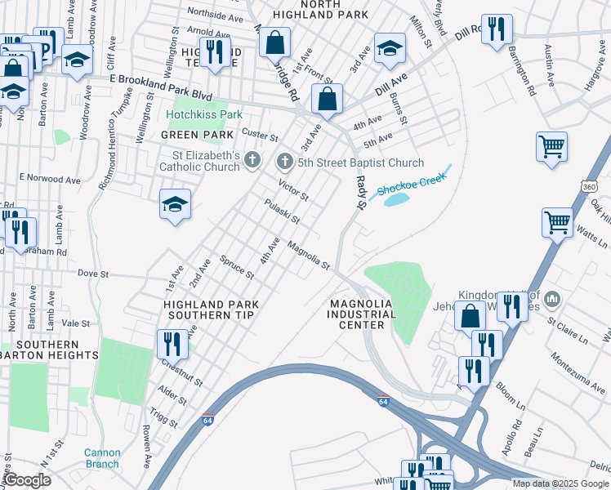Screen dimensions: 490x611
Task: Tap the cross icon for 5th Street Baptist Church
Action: [284, 162]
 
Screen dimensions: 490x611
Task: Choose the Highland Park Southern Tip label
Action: [211, 310]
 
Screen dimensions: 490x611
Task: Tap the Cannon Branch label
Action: [101, 458]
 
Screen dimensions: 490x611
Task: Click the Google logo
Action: [27, 479]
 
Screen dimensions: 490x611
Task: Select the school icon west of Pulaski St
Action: [175, 203]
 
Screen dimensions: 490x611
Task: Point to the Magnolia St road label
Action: [308, 255]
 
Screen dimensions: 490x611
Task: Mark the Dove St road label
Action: [92, 274]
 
